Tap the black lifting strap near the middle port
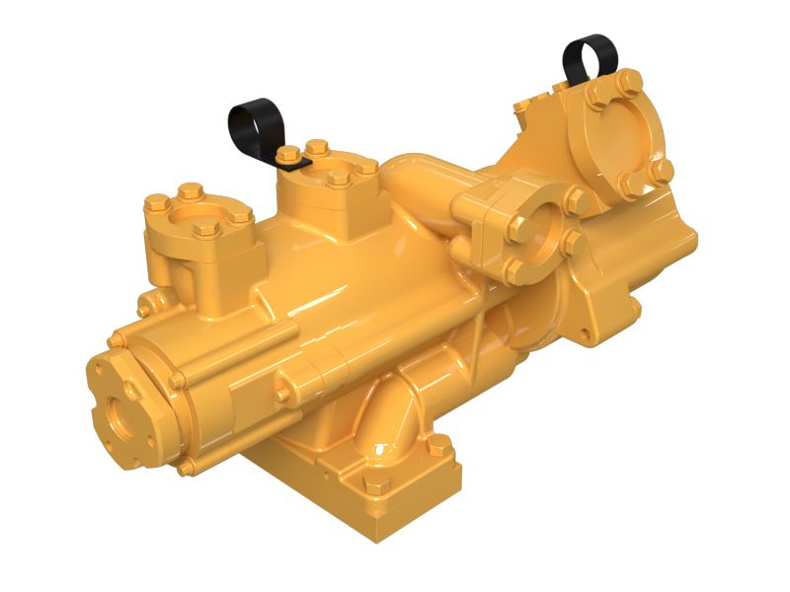(x=253, y=122)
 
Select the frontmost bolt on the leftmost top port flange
(x=206, y=229)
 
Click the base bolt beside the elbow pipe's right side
(x=440, y=447)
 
